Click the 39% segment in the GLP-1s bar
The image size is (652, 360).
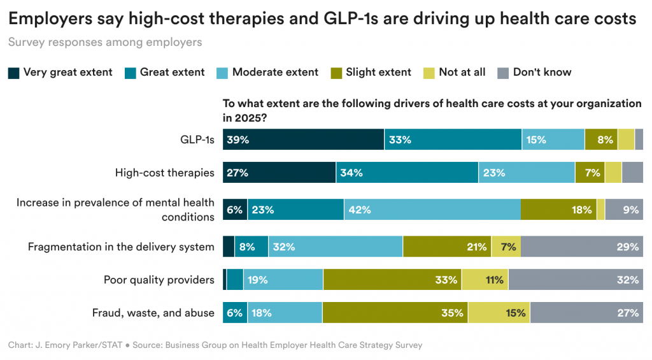pos(303,140)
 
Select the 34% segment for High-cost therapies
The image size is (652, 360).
pos(407,173)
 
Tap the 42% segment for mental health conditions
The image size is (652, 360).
pos(432,210)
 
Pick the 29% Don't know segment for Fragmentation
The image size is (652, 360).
pos(582,247)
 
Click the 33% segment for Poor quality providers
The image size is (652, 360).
pos(392,280)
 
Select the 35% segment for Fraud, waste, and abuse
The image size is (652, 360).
pos(395,313)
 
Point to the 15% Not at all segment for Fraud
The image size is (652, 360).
pos(499,313)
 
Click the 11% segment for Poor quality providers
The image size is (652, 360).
pos(485,280)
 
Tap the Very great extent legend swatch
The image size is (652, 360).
pos(13,73)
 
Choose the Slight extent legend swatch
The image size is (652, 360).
pos(336,73)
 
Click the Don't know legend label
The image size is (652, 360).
pos(542,73)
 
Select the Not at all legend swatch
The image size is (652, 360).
pos(429,73)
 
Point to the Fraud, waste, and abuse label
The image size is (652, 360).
pos(153,313)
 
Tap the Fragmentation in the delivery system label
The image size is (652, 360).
pos(121,247)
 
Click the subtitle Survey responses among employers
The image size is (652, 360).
pos(105,43)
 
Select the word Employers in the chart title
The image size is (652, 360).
pos(50,18)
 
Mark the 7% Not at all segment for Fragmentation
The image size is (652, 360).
pos(506,247)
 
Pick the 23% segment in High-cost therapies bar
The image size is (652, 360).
pos(527,173)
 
